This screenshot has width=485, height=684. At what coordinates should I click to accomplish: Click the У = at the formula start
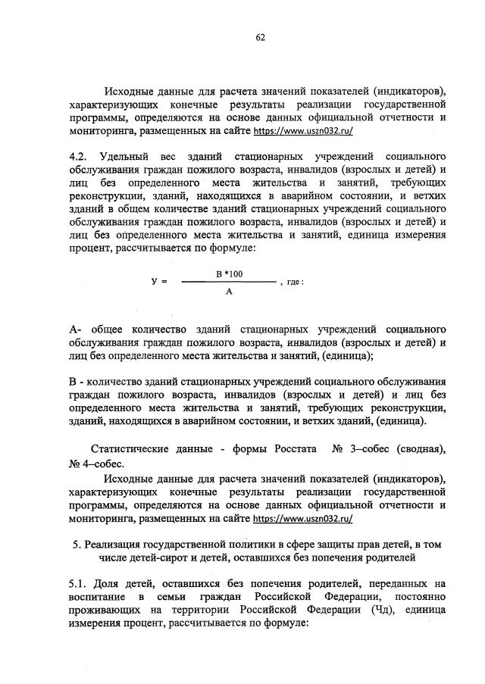pos(159,282)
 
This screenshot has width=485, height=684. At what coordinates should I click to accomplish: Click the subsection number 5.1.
pos(77,584)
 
